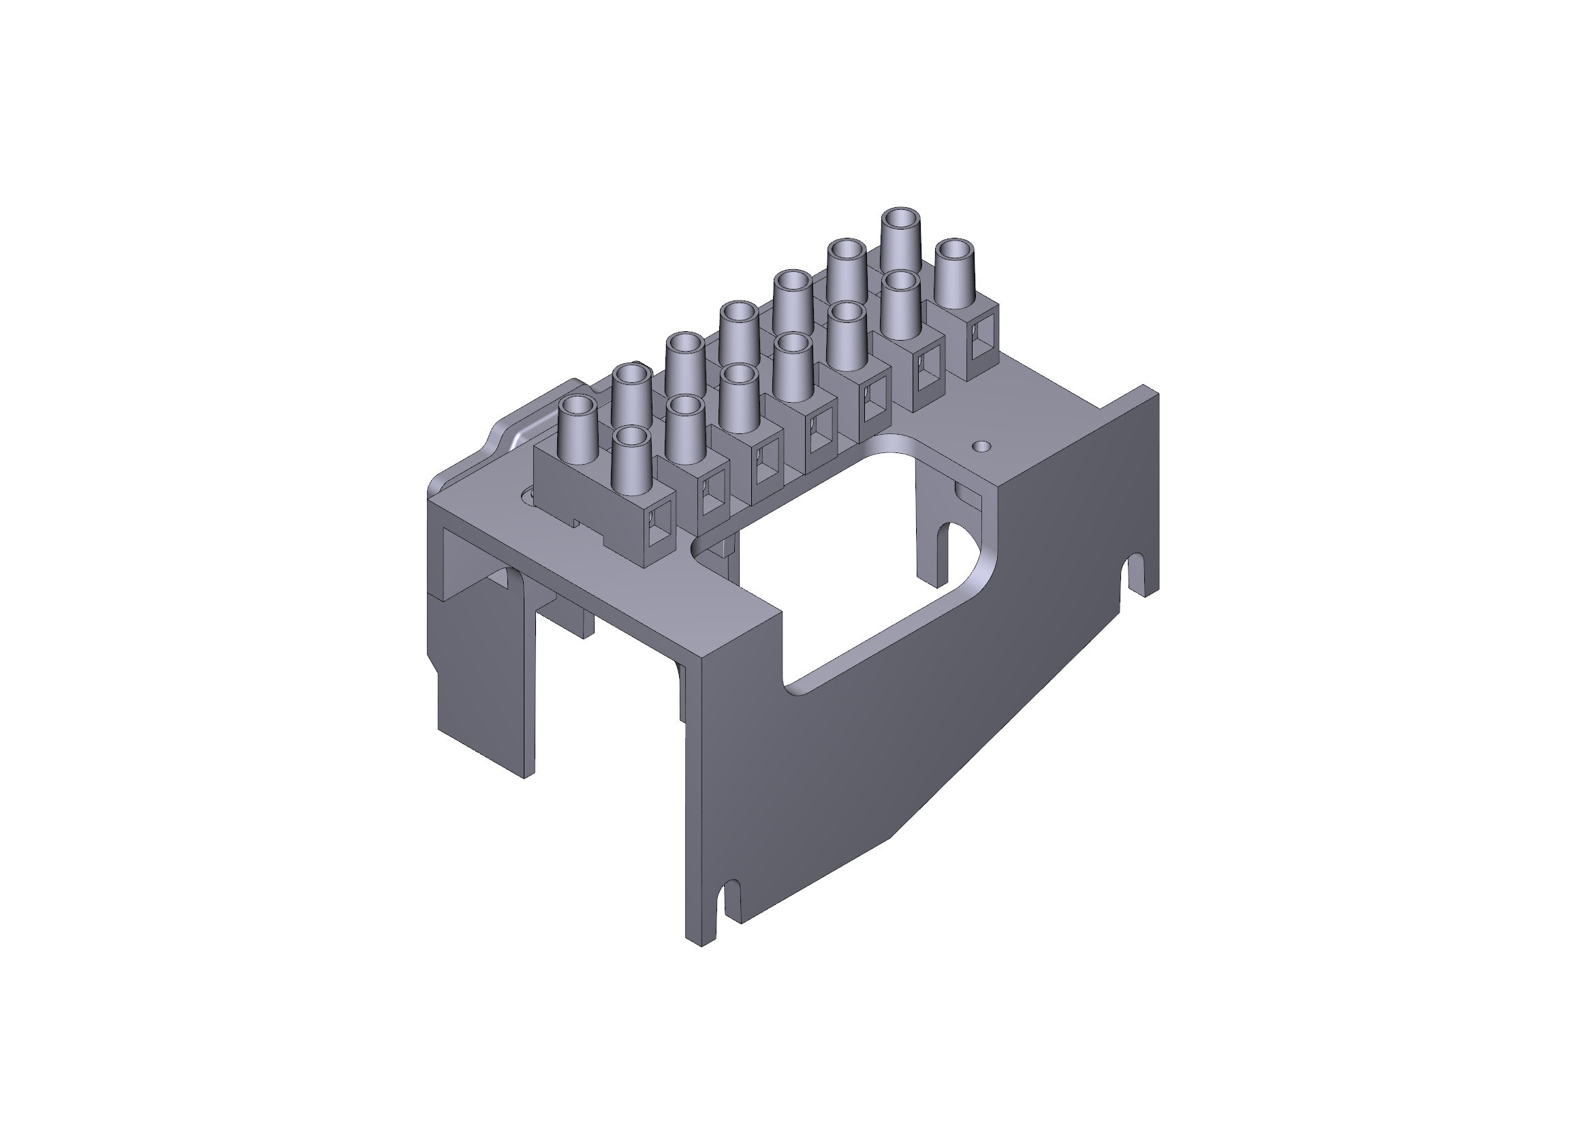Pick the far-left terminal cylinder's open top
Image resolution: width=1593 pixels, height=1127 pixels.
[578, 407]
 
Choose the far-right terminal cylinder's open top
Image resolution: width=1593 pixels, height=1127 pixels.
[955, 251]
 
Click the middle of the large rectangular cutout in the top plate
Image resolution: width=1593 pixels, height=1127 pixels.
[853, 549]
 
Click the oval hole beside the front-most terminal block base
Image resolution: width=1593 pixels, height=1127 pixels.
[527, 495]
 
